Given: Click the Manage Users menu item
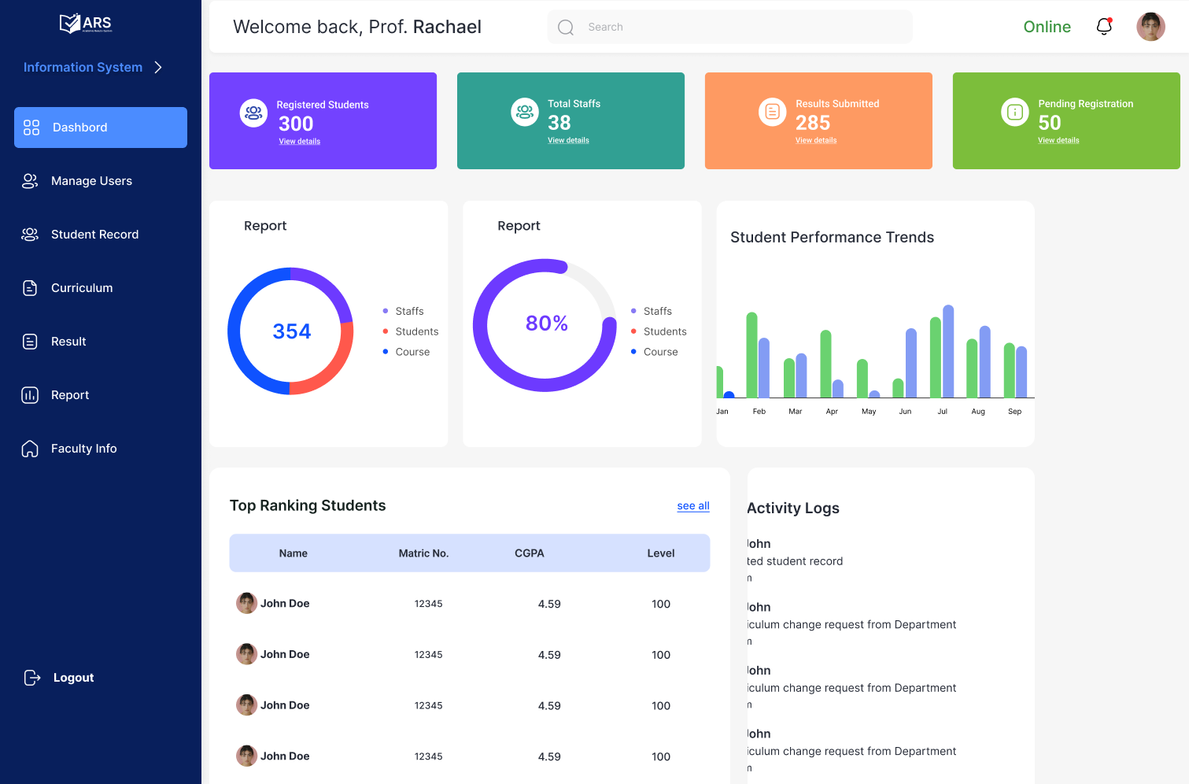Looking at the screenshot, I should [x=90, y=181].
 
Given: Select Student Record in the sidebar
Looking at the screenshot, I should [x=94, y=235].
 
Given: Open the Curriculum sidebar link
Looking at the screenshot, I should [x=81, y=288].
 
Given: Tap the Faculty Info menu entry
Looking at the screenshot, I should [x=83, y=449].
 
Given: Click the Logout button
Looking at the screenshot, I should [x=72, y=678].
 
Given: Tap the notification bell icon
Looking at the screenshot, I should [x=1104, y=27].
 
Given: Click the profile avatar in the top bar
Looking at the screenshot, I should [x=1150, y=27].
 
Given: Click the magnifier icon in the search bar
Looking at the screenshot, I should [x=566, y=28].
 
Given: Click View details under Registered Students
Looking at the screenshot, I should [x=299, y=142].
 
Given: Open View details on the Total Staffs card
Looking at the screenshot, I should [x=568, y=140].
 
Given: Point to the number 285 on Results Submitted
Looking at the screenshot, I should [x=813, y=123].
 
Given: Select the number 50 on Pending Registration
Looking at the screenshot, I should [x=1050, y=123].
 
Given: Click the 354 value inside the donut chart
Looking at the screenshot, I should [x=292, y=331].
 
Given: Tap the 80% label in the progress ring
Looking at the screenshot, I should [x=547, y=324].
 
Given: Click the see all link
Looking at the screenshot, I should [x=693, y=506].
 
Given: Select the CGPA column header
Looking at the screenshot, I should [x=530, y=553].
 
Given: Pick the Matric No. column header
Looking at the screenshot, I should [x=423, y=553].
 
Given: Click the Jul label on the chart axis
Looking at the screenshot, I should [x=942, y=412].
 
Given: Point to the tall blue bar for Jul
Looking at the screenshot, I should [x=948, y=351].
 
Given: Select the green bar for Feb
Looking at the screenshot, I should [x=751, y=355].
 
